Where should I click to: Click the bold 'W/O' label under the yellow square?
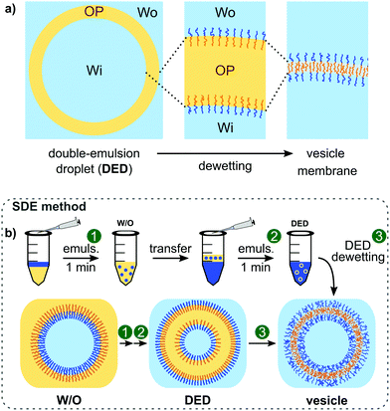50,397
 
